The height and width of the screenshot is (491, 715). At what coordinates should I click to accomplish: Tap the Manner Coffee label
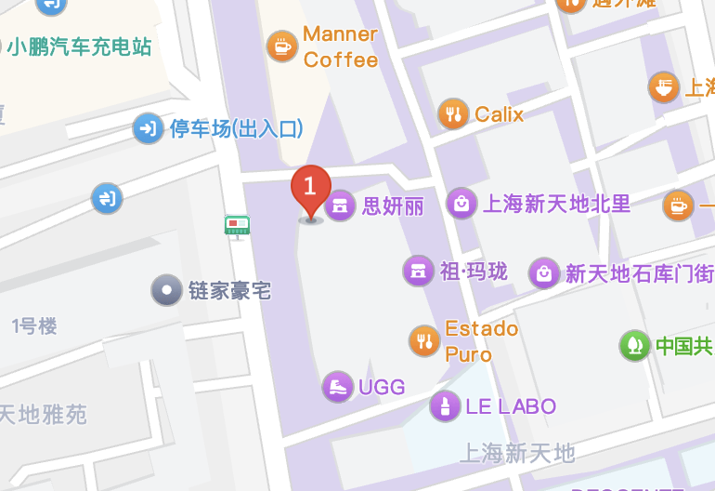point(340,46)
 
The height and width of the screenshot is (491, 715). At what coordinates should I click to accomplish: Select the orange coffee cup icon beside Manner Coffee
point(281,46)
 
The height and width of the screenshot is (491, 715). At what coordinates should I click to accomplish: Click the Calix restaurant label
point(499,114)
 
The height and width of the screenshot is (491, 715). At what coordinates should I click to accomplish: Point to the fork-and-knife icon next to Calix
point(452,114)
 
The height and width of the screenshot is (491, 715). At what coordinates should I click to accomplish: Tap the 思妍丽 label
point(392,206)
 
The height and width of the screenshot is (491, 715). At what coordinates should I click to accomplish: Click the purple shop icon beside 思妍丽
point(340,206)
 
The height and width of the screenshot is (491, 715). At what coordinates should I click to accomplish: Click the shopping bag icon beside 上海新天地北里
point(461,204)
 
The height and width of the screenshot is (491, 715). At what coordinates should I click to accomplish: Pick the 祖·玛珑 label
point(474,272)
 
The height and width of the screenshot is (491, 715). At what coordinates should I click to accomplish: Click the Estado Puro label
point(481,340)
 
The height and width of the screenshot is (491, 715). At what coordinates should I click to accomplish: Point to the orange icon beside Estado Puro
point(424,340)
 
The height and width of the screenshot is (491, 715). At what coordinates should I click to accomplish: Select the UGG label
point(382,387)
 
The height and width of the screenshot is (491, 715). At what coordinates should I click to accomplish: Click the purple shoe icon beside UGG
point(338,387)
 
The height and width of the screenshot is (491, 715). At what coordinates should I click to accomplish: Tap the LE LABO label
point(511,406)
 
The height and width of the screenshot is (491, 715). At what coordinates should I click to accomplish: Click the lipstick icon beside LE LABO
point(445,406)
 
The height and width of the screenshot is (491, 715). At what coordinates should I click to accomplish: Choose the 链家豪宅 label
point(228,290)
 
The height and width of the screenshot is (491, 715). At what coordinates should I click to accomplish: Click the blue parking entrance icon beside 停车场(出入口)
point(148,128)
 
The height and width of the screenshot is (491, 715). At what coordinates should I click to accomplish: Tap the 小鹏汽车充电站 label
point(79,46)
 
